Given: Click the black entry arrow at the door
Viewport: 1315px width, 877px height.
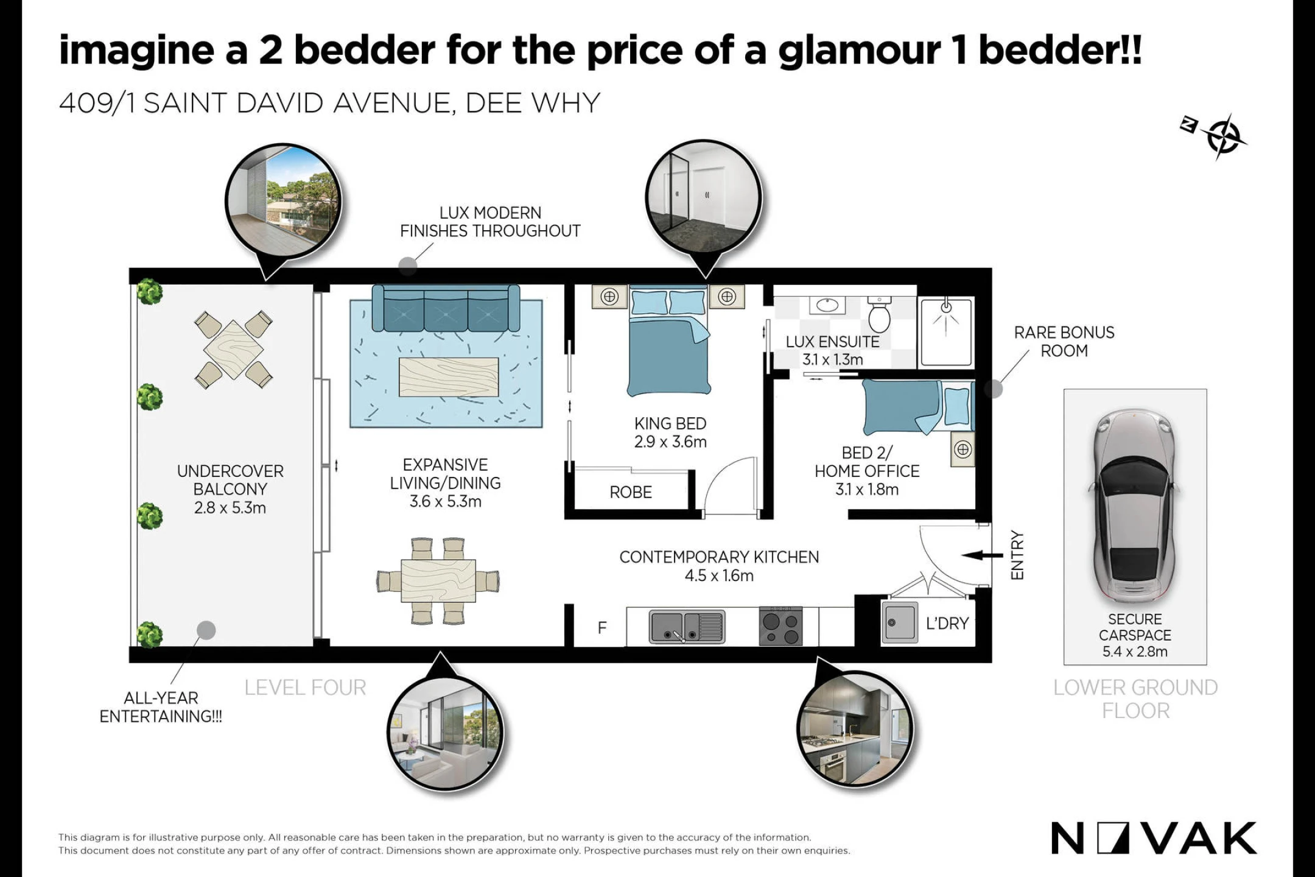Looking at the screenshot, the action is (x=982, y=555).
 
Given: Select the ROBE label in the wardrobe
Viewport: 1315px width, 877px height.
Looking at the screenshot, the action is (x=631, y=492).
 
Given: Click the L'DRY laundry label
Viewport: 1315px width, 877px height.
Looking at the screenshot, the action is (x=947, y=623).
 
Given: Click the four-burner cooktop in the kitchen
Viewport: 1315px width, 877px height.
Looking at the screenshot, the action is (x=780, y=627).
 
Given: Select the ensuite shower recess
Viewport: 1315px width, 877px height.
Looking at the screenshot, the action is (x=946, y=331).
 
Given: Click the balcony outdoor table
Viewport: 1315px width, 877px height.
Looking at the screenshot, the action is (x=233, y=350).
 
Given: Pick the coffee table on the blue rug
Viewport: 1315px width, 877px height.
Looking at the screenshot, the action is (x=449, y=376).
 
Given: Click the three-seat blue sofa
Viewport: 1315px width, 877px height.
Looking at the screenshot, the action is (x=446, y=308).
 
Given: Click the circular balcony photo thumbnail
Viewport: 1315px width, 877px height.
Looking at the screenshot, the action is (x=283, y=202).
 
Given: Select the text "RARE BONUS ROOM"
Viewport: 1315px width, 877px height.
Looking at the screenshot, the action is (x=1064, y=342).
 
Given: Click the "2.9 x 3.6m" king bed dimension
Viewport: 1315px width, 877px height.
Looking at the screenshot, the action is (x=670, y=442).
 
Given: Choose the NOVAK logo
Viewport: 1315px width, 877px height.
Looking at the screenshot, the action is (x=1154, y=838).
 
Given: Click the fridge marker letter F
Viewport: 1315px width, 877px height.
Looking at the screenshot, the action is (x=602, y=627).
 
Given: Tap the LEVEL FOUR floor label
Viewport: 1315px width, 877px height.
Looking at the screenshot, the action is (x=305, y=688).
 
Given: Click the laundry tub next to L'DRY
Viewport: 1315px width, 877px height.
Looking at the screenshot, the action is (x=899, y=622).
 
